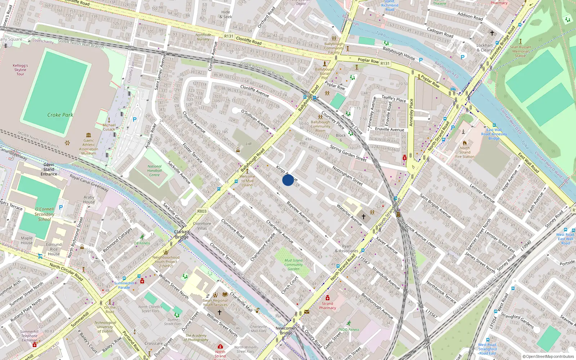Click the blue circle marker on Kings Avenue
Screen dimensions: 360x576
288,180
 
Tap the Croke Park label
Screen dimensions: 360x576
60,115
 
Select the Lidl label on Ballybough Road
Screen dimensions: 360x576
248,144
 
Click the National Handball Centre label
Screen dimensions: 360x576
154,171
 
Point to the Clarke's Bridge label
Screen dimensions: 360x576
182,234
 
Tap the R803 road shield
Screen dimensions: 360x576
202,211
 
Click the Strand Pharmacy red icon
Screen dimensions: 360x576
327,298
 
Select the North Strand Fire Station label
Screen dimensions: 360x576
465,152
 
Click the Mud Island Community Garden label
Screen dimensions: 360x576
293,265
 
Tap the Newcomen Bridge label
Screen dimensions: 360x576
286,330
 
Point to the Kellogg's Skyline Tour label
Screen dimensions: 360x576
20,70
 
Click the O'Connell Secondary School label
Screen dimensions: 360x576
44,214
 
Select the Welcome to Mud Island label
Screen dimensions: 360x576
247,181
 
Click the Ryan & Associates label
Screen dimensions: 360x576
346,248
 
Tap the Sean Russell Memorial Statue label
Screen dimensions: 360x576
520,51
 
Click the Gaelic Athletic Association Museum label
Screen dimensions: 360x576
89,147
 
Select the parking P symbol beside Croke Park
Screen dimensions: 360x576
135,120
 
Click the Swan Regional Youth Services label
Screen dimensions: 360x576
215,302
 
